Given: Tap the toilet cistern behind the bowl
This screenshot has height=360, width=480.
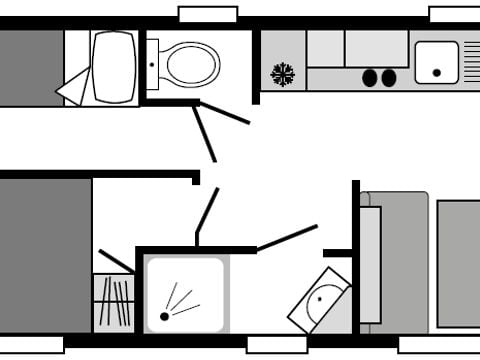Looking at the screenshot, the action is tap(152, 63).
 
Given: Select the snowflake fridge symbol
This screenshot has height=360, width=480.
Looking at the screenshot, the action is tap(283, 74).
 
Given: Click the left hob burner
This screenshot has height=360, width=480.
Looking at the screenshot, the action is tap(370, 77).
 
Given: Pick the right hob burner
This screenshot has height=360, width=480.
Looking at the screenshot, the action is tap(389, 77).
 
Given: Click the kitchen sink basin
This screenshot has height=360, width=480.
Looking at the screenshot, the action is tap(436, 61).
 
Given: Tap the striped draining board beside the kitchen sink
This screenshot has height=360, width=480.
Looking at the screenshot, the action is tap(471, 61).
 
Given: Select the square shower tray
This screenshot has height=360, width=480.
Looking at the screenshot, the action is tap(185, 294).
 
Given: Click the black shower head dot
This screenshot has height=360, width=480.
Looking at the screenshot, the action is tap(164, 317).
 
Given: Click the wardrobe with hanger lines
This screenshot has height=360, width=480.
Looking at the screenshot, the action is tap(114, 302).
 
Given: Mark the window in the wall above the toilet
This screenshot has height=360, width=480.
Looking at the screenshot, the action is tap(207, 14).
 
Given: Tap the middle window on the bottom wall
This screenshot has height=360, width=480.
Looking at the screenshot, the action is tap(276, 345).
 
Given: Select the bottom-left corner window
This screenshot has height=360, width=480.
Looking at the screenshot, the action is tap(31, 345).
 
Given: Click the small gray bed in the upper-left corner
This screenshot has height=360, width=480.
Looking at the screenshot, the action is tap(31, 67).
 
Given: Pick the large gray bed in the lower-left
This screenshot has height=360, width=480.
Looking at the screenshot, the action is tap(45, 255).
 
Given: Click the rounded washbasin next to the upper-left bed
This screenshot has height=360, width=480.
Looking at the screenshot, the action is tap(113, 67).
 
